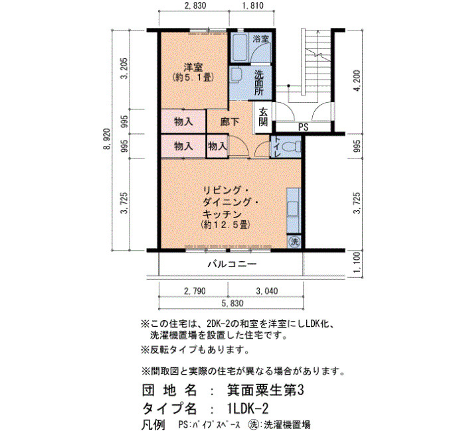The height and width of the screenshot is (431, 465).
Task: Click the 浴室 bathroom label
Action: click(x=260, y=38)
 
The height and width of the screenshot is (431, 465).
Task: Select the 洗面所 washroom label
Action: click(x=259, y=83)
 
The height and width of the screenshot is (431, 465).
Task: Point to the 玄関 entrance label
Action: click(x=263, y=117)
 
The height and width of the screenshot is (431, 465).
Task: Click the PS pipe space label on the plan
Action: click(x=303, y=127)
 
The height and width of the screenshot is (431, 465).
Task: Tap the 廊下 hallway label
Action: click(x=230, y=121)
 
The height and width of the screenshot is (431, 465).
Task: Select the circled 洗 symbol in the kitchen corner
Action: click(x=294, y=241)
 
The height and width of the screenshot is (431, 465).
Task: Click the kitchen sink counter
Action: click(x=294, y=211)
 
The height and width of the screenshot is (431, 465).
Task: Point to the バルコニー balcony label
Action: click(x=232, y=264)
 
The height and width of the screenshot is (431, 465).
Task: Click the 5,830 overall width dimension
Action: click(x=232, y=304)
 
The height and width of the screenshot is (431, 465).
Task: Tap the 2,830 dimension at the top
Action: click(x=195, y=5)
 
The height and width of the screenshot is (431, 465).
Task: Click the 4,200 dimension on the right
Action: click(x=357, y=80)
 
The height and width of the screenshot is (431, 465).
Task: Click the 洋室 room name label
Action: click(x=193, y=67)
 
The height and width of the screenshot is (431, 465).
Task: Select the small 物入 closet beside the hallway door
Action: click(x=217, y=146)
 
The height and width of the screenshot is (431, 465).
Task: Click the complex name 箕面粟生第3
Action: click(x=265, y=391)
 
